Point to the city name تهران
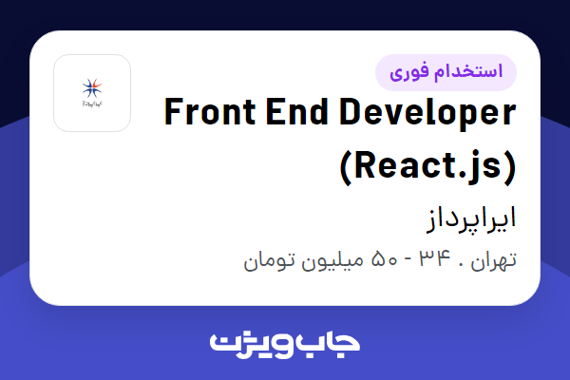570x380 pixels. click(495, 259)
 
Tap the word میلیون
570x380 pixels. click(333, 259)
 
